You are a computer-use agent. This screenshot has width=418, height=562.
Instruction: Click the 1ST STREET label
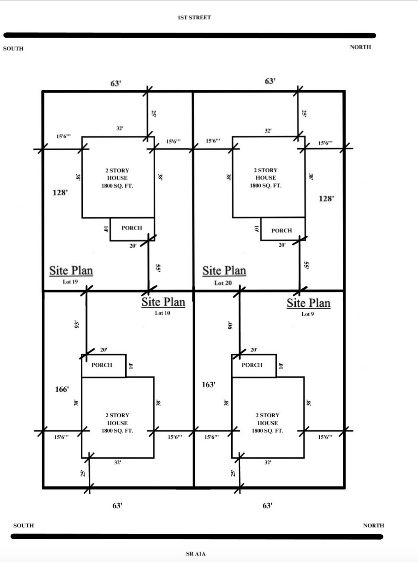tap(194, 17)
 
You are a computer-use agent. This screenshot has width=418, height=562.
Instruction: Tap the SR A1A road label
tap(196, 554)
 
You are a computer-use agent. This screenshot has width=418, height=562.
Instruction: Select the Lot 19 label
tap(70, 282)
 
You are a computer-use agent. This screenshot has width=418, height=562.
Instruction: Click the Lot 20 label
tap(223, 283)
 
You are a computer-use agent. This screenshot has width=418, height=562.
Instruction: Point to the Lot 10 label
tap(162, 313)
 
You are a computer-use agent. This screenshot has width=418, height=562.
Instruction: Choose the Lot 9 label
tap(308, 314)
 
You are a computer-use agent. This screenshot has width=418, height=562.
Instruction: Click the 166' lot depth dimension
tap(62, 389)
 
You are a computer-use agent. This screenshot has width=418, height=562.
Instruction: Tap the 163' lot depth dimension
tap(208, 385)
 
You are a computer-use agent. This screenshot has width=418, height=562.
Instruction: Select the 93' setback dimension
tap(77, 325)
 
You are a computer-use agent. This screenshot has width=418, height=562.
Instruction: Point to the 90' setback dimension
tap(230, 326)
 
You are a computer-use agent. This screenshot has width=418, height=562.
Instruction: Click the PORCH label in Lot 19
tap(132, 228)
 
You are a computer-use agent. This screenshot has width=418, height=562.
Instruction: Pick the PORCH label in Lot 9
tap(252, 365)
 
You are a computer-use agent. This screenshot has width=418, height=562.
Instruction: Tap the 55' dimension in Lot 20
tap(306, 265)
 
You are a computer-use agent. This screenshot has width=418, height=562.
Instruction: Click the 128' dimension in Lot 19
tap(60, 193)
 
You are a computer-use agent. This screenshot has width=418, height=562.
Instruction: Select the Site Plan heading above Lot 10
tap(163, 302)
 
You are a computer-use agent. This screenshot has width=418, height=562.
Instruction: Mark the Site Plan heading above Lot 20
tap(224, 271)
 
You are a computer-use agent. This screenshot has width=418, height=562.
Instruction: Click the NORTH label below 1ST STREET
tap(361, 47)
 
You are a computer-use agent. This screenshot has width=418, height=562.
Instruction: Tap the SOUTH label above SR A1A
tap(24, 526)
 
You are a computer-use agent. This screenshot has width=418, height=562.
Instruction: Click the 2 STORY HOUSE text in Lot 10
tap(117, 419)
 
